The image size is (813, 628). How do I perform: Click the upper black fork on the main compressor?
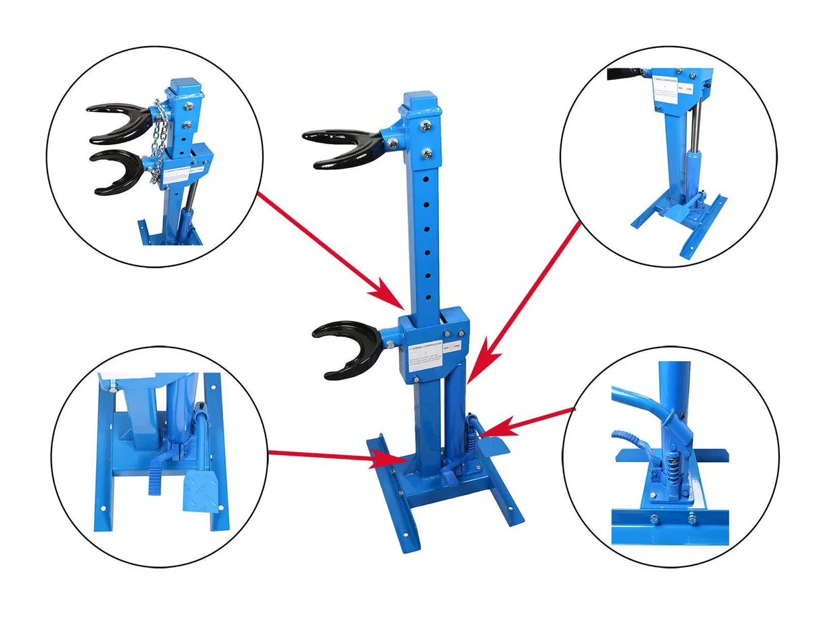339,146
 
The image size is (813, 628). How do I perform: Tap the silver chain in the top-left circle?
158,135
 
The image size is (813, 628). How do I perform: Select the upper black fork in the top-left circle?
115,122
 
